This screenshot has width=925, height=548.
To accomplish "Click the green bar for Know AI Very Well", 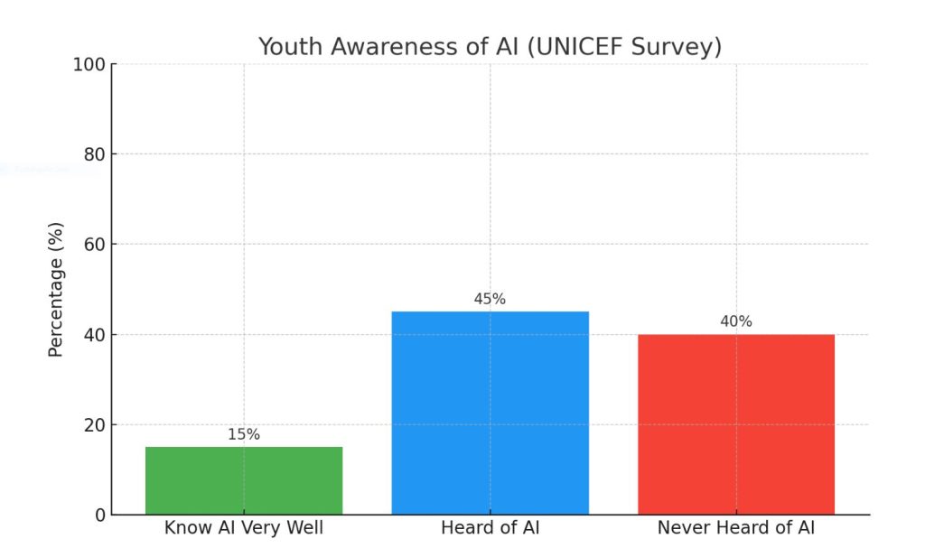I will pos(244,480).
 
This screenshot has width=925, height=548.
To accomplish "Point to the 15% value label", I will pos(244,434).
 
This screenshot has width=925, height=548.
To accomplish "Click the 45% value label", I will pos(490,299).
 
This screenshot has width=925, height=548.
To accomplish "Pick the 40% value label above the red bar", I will pos(736,321).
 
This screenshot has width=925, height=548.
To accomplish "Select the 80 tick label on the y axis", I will pos(93,154).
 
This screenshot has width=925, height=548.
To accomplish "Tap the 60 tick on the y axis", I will pos(93,245).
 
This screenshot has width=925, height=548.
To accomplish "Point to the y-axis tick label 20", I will pos(93,425).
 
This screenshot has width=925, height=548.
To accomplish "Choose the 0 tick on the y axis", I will pos(98,515).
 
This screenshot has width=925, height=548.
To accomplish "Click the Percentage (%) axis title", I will pos(56,289).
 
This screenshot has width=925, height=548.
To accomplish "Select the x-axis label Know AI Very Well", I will pos(244,528).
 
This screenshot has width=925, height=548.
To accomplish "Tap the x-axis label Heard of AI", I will pos(490,528).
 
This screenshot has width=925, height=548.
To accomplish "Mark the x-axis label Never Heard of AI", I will pos(736,528).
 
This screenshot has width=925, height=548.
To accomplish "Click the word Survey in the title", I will pos(685,47).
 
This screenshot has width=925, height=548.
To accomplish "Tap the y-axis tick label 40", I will pos(93,335).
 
